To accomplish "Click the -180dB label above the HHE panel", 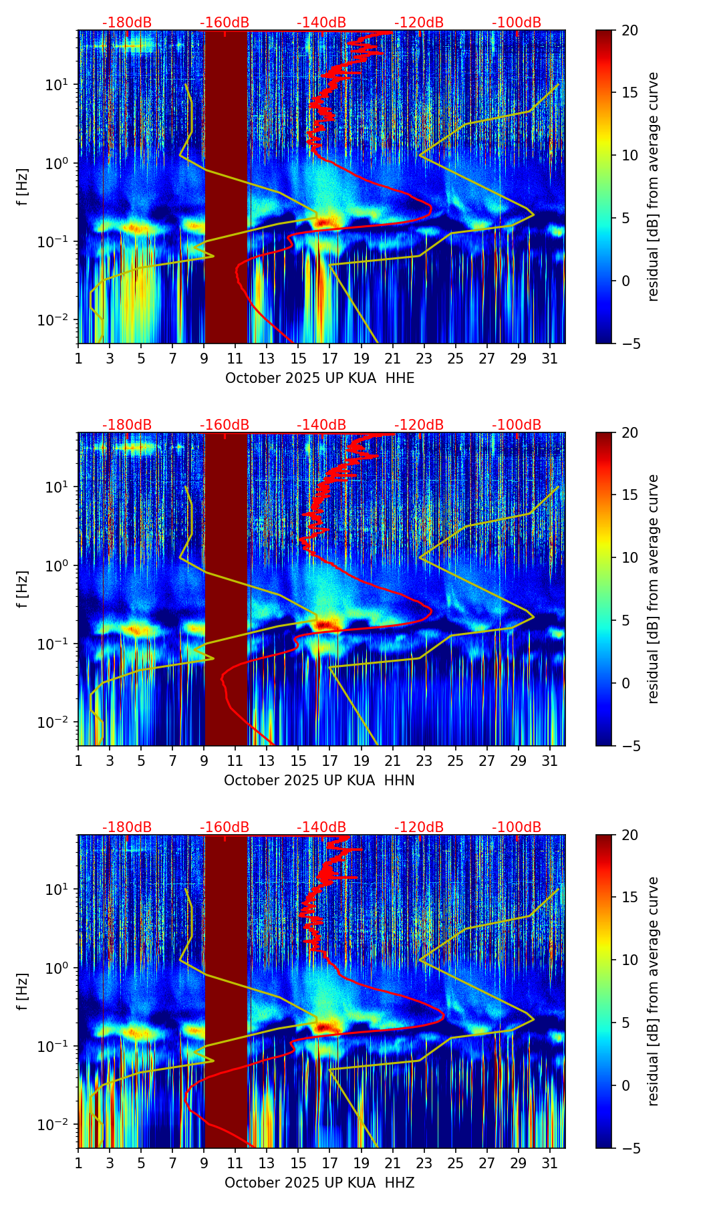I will [x=127, y=23].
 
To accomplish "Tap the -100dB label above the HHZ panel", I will [x=517, y=827].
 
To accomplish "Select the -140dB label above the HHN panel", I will [x=321, y=425].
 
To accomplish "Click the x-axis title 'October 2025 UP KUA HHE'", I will [x=319, y=378].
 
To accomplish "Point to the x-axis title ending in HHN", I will [x=319, y=781].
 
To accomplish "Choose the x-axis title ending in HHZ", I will [x=319, y=1183].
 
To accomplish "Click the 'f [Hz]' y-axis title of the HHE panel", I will [x=23, y=187].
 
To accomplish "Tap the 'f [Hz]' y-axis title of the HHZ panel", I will [x=23, y=992].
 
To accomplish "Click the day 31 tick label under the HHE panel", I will [x=550, y=359].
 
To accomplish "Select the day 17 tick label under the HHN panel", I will [x=330, y=761].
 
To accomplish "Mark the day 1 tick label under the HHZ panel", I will [x=78, y=1164].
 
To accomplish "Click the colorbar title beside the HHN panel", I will [x=654, y=588].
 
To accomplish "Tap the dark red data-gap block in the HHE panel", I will [x=226, y=187].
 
